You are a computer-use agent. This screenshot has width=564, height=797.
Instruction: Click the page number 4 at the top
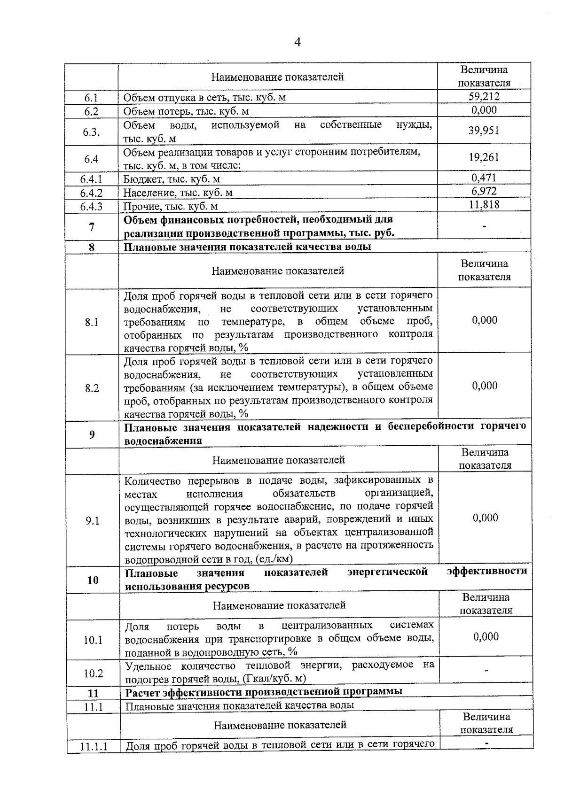tap(297, 42)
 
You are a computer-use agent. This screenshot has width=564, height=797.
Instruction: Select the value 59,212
tap(484, 97)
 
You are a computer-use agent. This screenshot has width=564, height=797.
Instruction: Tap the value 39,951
tap(484, 131)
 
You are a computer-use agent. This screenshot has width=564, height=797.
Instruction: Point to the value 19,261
tap(484, 157)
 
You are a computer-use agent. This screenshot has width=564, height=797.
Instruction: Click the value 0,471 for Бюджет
tap(484, 178)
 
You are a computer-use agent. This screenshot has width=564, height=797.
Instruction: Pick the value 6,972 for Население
tap(484, 191)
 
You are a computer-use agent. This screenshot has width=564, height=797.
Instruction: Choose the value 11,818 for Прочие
tap(484, 204)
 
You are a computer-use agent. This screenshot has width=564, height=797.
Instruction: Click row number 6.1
tap(91, 98)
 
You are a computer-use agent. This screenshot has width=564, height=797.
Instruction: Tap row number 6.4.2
tap(91, 193)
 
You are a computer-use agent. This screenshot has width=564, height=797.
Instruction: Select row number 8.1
tap(92, 322)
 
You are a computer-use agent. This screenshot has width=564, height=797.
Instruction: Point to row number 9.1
tap(92, 521)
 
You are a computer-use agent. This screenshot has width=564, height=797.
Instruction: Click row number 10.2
tap(93, 673)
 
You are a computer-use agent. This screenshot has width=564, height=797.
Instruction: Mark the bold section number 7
tap(92, 227)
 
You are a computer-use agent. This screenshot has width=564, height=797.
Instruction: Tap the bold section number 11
tap(93, 693)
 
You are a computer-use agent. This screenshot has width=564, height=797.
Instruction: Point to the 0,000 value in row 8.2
tap(485, 386)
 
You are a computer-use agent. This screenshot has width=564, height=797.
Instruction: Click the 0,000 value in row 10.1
tap(486, 637)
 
